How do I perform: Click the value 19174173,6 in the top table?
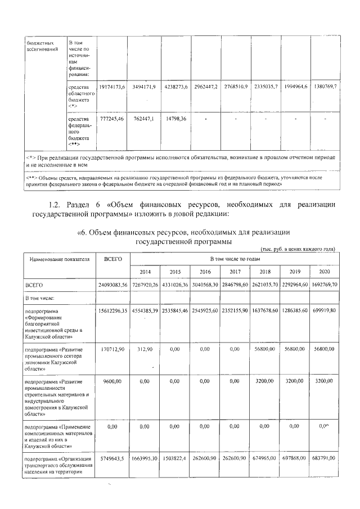click(111, 87)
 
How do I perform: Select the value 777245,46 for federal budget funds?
click(111, 119)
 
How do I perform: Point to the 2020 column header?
click(324, 272)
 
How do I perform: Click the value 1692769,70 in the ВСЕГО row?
click(324, 285)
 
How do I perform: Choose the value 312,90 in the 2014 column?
click(145, 349)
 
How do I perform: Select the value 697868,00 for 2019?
click(294, 459)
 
